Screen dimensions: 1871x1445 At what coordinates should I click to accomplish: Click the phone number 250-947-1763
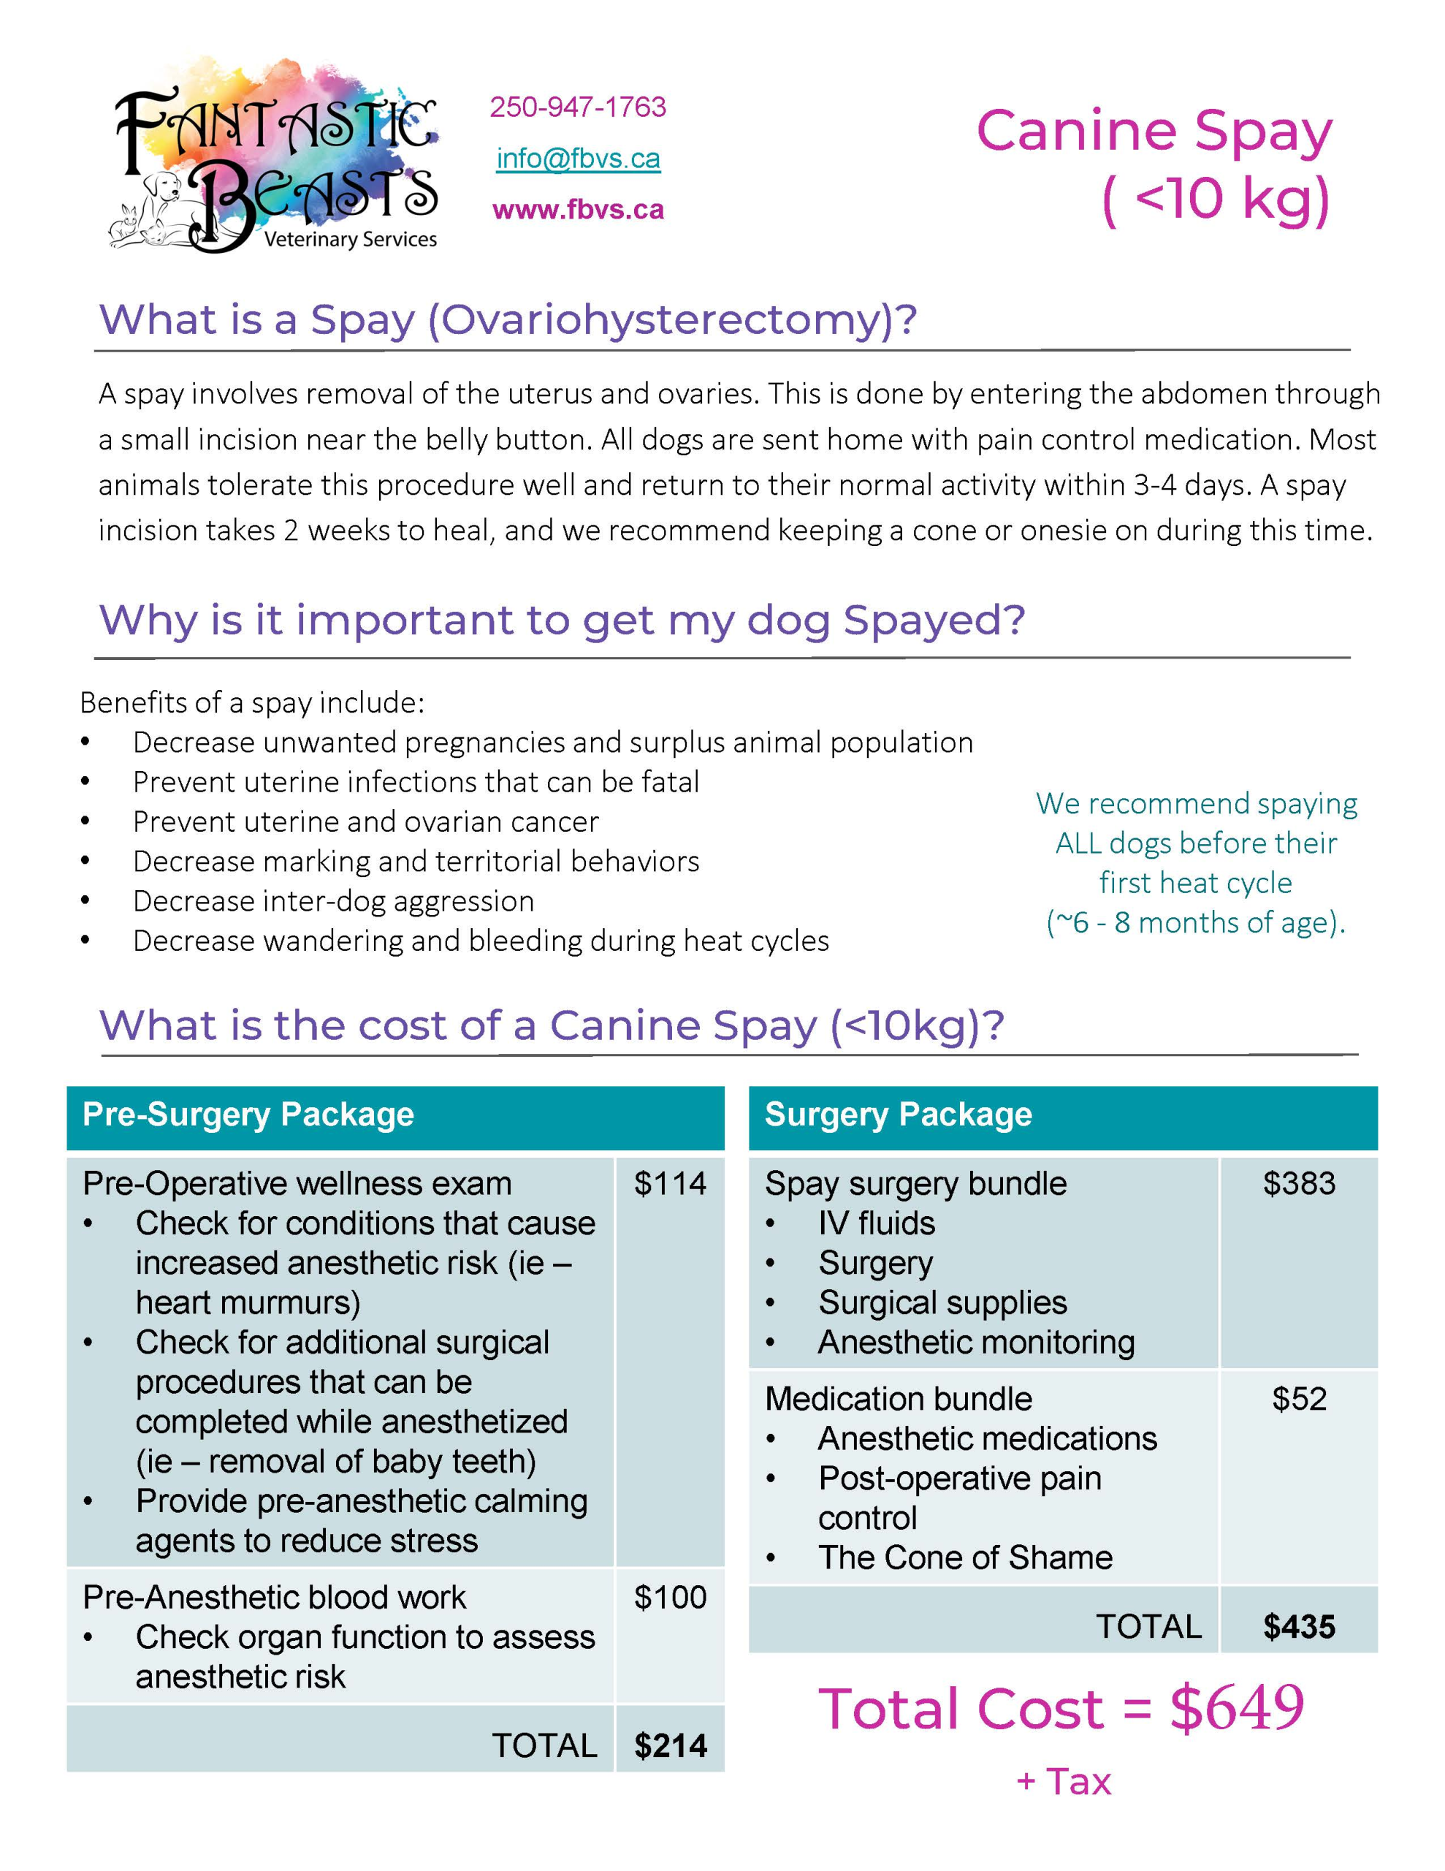[x=577, y=107]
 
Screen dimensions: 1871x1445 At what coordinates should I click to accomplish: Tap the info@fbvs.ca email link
[x=578, y=159]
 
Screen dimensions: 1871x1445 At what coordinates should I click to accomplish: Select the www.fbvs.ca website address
[x=578, y=210]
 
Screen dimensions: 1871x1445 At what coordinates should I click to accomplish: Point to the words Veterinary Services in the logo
[x=351, y=239]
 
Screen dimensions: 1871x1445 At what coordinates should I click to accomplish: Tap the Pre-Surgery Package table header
[x=248, y=1115]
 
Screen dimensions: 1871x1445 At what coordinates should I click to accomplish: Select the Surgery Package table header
[x=898, y=1115]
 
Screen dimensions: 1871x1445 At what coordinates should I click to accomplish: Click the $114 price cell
[x=670, y=1184]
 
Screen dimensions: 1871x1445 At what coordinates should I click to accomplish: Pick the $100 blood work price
[x=670, y=1598]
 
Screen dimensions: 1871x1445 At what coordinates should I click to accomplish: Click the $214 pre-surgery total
[x=670, y=1746]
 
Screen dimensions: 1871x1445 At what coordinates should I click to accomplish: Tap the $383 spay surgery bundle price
[x=1299, y=1184]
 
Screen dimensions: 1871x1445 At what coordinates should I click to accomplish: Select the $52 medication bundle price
[x=1299, y=1399]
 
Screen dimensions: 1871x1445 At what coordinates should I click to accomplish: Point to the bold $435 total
[x=1299, y=1627]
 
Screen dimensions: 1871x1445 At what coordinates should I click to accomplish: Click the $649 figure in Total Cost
[x=1237, y=1709]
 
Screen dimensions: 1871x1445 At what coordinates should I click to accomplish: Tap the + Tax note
[x=1064, y=1782]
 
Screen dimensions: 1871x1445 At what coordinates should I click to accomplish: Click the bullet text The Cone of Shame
[x=964, y=1557]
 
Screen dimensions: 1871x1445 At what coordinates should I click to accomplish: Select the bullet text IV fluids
[x=876, y=1223]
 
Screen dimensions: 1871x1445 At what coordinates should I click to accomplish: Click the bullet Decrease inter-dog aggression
[x=333, y=901]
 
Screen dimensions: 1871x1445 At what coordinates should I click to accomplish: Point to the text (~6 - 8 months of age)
[x=1196, y=922]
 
